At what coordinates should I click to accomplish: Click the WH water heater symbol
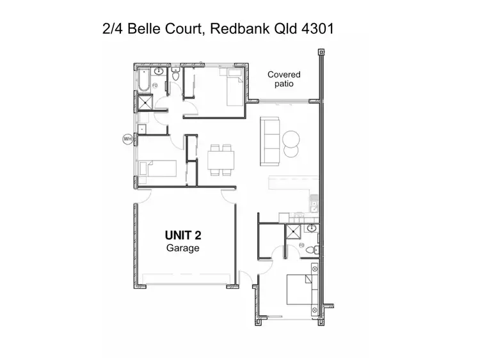coord(127,138)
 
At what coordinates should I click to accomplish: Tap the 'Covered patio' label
coord(284,79)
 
